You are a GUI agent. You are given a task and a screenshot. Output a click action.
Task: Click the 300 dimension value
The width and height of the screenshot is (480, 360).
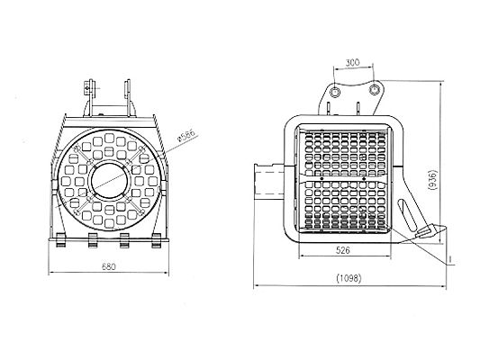coord(352,63)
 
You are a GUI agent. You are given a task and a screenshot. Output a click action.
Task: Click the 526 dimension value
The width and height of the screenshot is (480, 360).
coord(343,250)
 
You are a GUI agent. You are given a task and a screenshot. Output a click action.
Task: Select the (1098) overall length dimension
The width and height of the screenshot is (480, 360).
coord(349,278)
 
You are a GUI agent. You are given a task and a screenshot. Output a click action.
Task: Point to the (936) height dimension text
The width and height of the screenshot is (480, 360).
coord(434,180)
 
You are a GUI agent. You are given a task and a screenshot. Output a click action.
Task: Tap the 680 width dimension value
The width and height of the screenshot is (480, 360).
coord(109,266)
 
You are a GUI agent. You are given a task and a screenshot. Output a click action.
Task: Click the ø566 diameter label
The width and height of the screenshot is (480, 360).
coord(186,136)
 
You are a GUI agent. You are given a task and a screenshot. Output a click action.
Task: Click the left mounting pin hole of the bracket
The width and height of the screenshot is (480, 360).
coord(335,91)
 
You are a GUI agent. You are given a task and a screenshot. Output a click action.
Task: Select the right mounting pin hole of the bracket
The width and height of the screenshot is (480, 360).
coord(374,90)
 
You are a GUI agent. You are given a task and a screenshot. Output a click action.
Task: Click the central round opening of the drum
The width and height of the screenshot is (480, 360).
coord(109,181)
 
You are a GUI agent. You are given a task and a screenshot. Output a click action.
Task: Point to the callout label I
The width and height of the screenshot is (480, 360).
coord(450,260)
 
